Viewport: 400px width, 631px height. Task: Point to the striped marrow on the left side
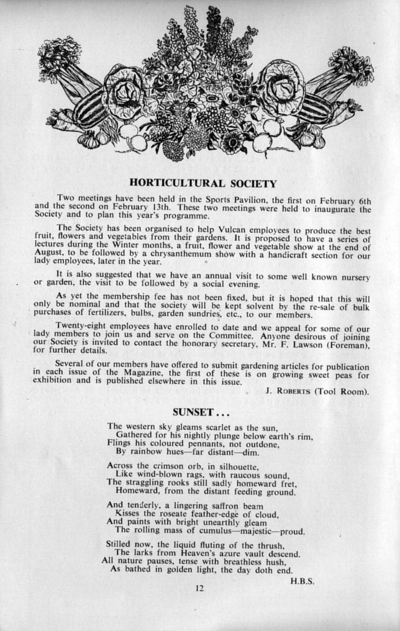click(91, 109)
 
